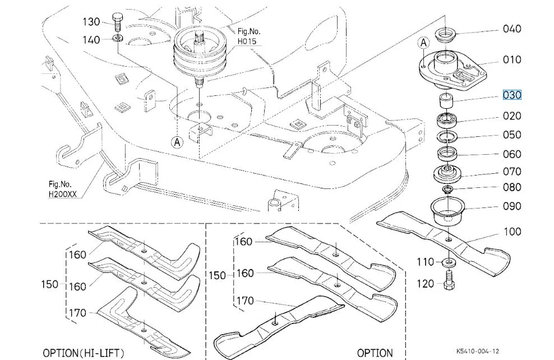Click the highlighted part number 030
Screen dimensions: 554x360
pos(512,95)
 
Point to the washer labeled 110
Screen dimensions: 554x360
pos(449,262)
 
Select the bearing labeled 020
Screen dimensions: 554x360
pos(446,121)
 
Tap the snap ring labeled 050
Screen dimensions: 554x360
pos(447,136)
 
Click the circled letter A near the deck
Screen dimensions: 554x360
pos(177,142)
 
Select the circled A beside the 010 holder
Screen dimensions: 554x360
pos(423,43)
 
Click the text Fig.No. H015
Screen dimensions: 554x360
pos(249,36)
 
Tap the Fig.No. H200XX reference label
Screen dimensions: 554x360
pos(62,189)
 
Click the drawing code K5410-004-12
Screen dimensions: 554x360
pos(478,351)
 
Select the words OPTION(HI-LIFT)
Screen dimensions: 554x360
pos(84,353)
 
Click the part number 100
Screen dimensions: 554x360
pos(512,232)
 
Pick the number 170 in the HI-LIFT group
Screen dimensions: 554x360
pos(77,313)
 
